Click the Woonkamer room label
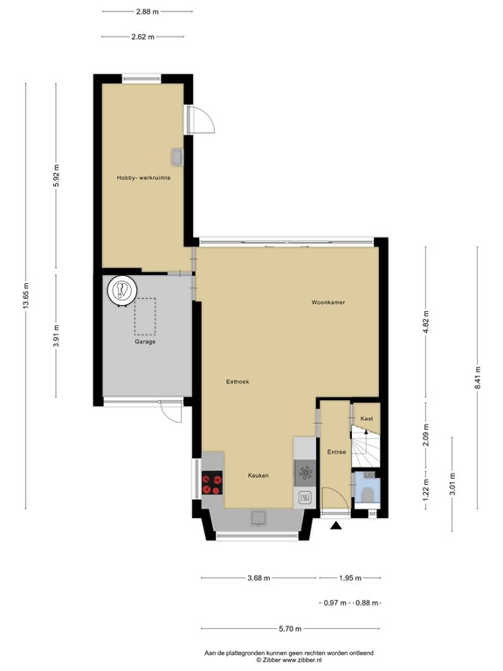click(328, 303)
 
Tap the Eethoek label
click(238, 382)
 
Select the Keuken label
click(257, 475)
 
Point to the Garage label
click(145, 342)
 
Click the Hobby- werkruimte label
click(143, 177)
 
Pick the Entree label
click(337, 452)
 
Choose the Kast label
click(367, 419)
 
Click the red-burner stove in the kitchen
click(212, 483)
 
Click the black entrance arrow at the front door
click(336, 526)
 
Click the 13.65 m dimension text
click(26, 295)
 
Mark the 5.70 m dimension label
click(291, 629)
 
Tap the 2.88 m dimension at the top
click(147, 11)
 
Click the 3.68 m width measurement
click(258, 578)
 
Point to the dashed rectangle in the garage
click(145, 316)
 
